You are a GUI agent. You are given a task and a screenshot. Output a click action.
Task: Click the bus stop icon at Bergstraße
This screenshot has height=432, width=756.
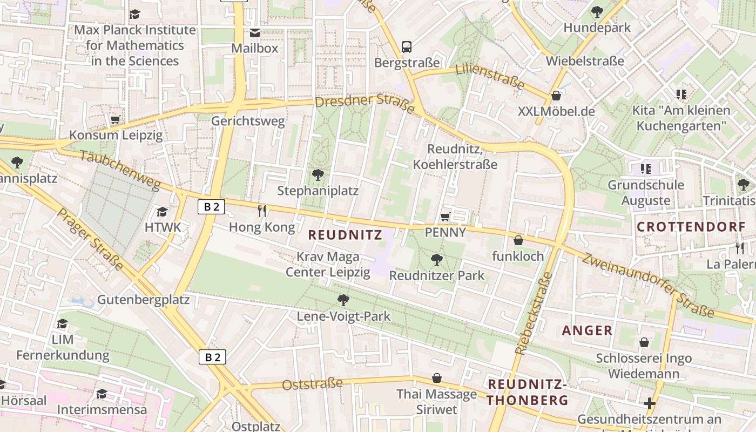pyautogui.click(x=407, y=47)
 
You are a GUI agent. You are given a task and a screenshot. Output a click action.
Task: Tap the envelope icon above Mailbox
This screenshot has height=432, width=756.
pyautogui.click(x=254, y=33)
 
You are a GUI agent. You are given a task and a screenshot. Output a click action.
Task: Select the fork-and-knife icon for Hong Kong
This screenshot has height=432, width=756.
pyautogui.click(x=262, y=211)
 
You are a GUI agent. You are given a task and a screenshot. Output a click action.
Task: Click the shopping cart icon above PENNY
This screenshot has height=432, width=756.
pyautogui.click(x=445, y=217)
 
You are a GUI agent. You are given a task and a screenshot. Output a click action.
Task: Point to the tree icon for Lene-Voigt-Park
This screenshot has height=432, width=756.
pyautogui.click(x=343, y=300)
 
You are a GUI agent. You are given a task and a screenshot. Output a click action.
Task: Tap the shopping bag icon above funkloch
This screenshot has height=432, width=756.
pyautogui.click(x=518, y=240)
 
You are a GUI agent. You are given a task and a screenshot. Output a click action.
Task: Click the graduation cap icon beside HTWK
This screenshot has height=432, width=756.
pyautogui.click(x=163, y=212)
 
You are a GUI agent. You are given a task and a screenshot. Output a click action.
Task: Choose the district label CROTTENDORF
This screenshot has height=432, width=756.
pyautogui.click(x=691, y=227)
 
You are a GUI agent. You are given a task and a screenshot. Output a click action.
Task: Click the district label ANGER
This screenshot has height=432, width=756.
pyautogui.click(x=587, y=330)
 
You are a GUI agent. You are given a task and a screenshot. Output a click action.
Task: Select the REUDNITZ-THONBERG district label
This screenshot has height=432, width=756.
pyautogui.click(x=528, y=392)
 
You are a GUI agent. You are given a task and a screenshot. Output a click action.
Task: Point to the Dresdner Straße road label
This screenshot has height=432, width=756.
pyautogui.click(x=364, y=105)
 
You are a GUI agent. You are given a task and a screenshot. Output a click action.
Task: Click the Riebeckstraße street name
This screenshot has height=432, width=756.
pyautogui.click(x=532, y=313)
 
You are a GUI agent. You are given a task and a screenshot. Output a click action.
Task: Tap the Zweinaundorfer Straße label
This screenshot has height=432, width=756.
pyautogui.click(x=647, y=285)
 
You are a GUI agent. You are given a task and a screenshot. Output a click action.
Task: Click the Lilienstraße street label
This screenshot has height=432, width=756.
pyautogui.click(x=490, y=76)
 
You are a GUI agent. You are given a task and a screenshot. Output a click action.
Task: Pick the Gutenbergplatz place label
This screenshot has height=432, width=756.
pyautogui.click(x=143, y=300)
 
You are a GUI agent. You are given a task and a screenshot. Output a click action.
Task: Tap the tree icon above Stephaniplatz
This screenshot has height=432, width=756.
pyautogui.click(x=318, y=174)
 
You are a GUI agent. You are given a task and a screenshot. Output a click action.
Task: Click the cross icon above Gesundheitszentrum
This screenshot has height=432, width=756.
pyautogui.click(x=649, y=403)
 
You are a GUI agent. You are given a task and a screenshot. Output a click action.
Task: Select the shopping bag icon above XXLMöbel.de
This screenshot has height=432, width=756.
pyautogui.click(x=556, y=96)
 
